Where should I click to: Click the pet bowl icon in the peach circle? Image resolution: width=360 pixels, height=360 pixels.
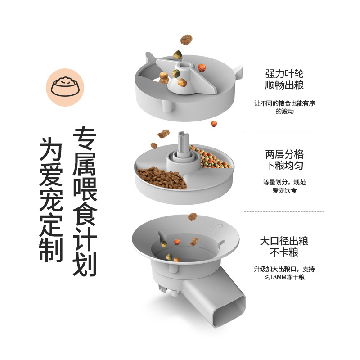65,87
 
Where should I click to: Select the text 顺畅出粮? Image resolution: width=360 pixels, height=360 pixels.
284,85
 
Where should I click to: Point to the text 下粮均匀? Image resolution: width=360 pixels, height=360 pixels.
284,166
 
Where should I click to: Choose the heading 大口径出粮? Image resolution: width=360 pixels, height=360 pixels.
284,242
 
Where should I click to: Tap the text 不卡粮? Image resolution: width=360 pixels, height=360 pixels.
284,252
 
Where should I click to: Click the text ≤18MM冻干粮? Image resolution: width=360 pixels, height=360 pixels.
284,277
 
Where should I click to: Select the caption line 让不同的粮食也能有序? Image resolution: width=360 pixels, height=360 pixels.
284,103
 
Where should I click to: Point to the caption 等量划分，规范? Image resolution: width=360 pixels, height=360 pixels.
284,182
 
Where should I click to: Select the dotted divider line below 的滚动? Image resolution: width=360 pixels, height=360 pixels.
283,130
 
